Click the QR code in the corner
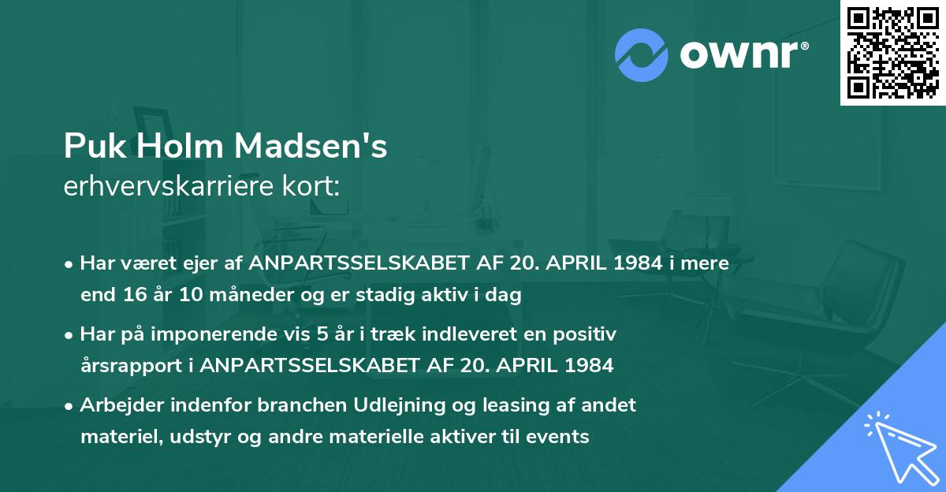[x=892, y=52]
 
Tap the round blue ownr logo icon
[x=642, y=54]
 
